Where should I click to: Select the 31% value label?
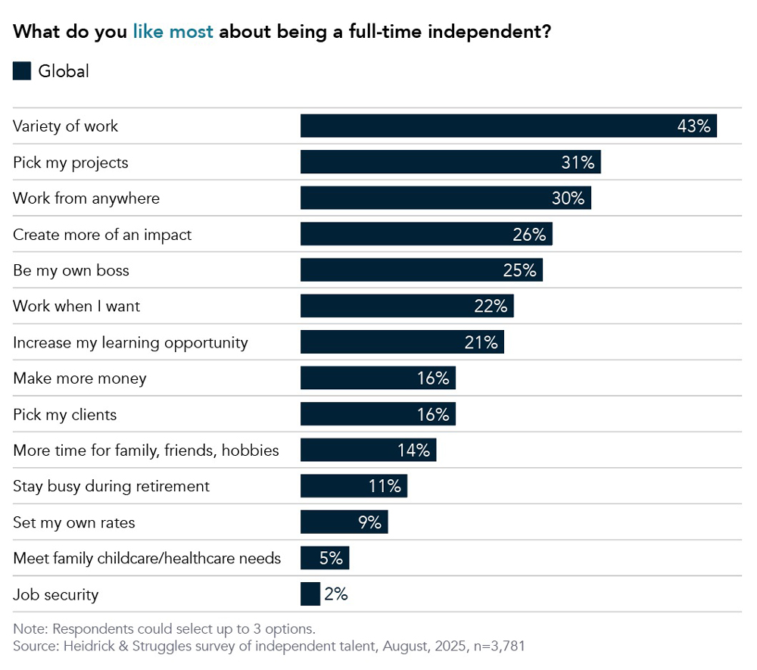[x=577, y=162]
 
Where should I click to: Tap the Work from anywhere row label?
[x=86, y=198]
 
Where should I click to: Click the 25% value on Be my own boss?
[x=519, y=270]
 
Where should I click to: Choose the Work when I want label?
[x=76, y=307]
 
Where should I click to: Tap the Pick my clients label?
[x=65, y=415]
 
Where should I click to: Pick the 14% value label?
[x=413, y=450]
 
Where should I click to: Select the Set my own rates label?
[x=74, y=522]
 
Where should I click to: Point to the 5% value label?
[x=331, y=559]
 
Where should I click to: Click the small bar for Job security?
[x=310, y=594]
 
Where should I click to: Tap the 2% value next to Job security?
[x=335, y=594]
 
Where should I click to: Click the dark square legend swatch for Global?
[x=22, y=71]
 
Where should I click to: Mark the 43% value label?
[x=693, y=126]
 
